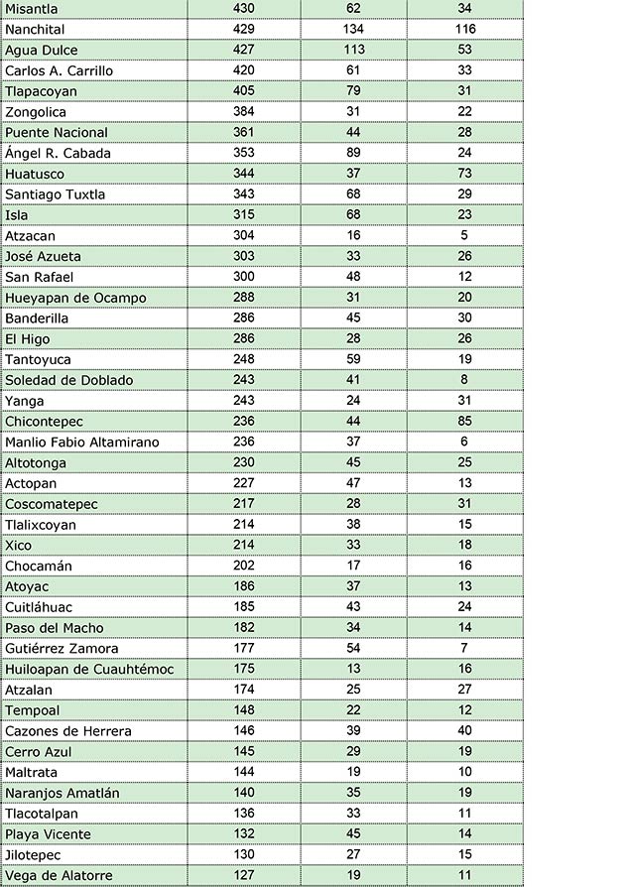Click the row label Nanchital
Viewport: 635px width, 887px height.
(35, 29)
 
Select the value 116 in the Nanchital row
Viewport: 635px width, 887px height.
(465, 29)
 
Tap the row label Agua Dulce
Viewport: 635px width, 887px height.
(42, 50)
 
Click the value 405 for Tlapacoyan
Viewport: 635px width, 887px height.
(243, 91)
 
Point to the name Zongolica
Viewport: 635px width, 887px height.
(36, 112)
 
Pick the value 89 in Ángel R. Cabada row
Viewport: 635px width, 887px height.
(352, 153)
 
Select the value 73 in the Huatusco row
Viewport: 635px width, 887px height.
(465, 174)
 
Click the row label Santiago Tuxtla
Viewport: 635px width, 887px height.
(55, 194)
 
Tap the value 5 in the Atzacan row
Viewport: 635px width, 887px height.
(465, 236)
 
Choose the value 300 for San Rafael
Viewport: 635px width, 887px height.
(243, 277)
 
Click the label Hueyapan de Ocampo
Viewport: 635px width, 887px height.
(75, 298)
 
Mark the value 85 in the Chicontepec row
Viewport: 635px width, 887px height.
(465, 422)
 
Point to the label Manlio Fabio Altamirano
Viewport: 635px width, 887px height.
(82, 443)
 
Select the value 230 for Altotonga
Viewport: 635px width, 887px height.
(243, 462)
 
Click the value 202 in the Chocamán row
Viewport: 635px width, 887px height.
(243, 566)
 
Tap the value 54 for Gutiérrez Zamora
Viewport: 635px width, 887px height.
(352, 648)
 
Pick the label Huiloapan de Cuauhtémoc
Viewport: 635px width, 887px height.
(89, 670)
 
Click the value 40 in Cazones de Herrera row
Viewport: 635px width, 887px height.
(465, 731)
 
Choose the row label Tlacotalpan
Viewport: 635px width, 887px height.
(42, 814)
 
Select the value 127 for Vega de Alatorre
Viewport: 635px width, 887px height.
(243, 875)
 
